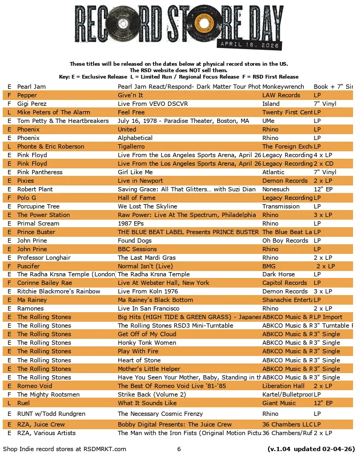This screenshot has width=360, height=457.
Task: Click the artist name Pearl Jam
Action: pyautogui.click(x=31, y=87)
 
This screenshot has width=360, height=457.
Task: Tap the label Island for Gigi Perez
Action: pyautogui.click(x=271, y=104)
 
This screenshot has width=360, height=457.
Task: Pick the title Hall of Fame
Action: pyautogui.click(x=136, y=198)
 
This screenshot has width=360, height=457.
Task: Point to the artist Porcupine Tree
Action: pyautogui.click(x=38, y=206)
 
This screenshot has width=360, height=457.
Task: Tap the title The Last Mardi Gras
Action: pyautogui.click(x=146, y=258)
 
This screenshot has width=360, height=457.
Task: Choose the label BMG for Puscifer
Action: pyautogui.click(x=269, y=266)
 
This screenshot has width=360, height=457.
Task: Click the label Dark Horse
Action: pyautogui.click(x=278, y=274)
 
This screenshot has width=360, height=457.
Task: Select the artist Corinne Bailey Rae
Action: pyautogui.click(x=44, y=283)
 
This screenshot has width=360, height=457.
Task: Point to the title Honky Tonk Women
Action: pyautogui.click(x=147, y=343)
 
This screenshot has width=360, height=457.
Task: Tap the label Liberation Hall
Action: pyautogui.click(x=283, y=386)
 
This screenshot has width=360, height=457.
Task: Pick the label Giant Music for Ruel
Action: pyautogui.click(x=279, y=403)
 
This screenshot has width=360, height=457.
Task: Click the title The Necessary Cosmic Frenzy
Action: pyautogui.click(x=160, y=414)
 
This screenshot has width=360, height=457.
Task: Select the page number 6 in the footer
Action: pyautogui.click(x=179, y=449)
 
